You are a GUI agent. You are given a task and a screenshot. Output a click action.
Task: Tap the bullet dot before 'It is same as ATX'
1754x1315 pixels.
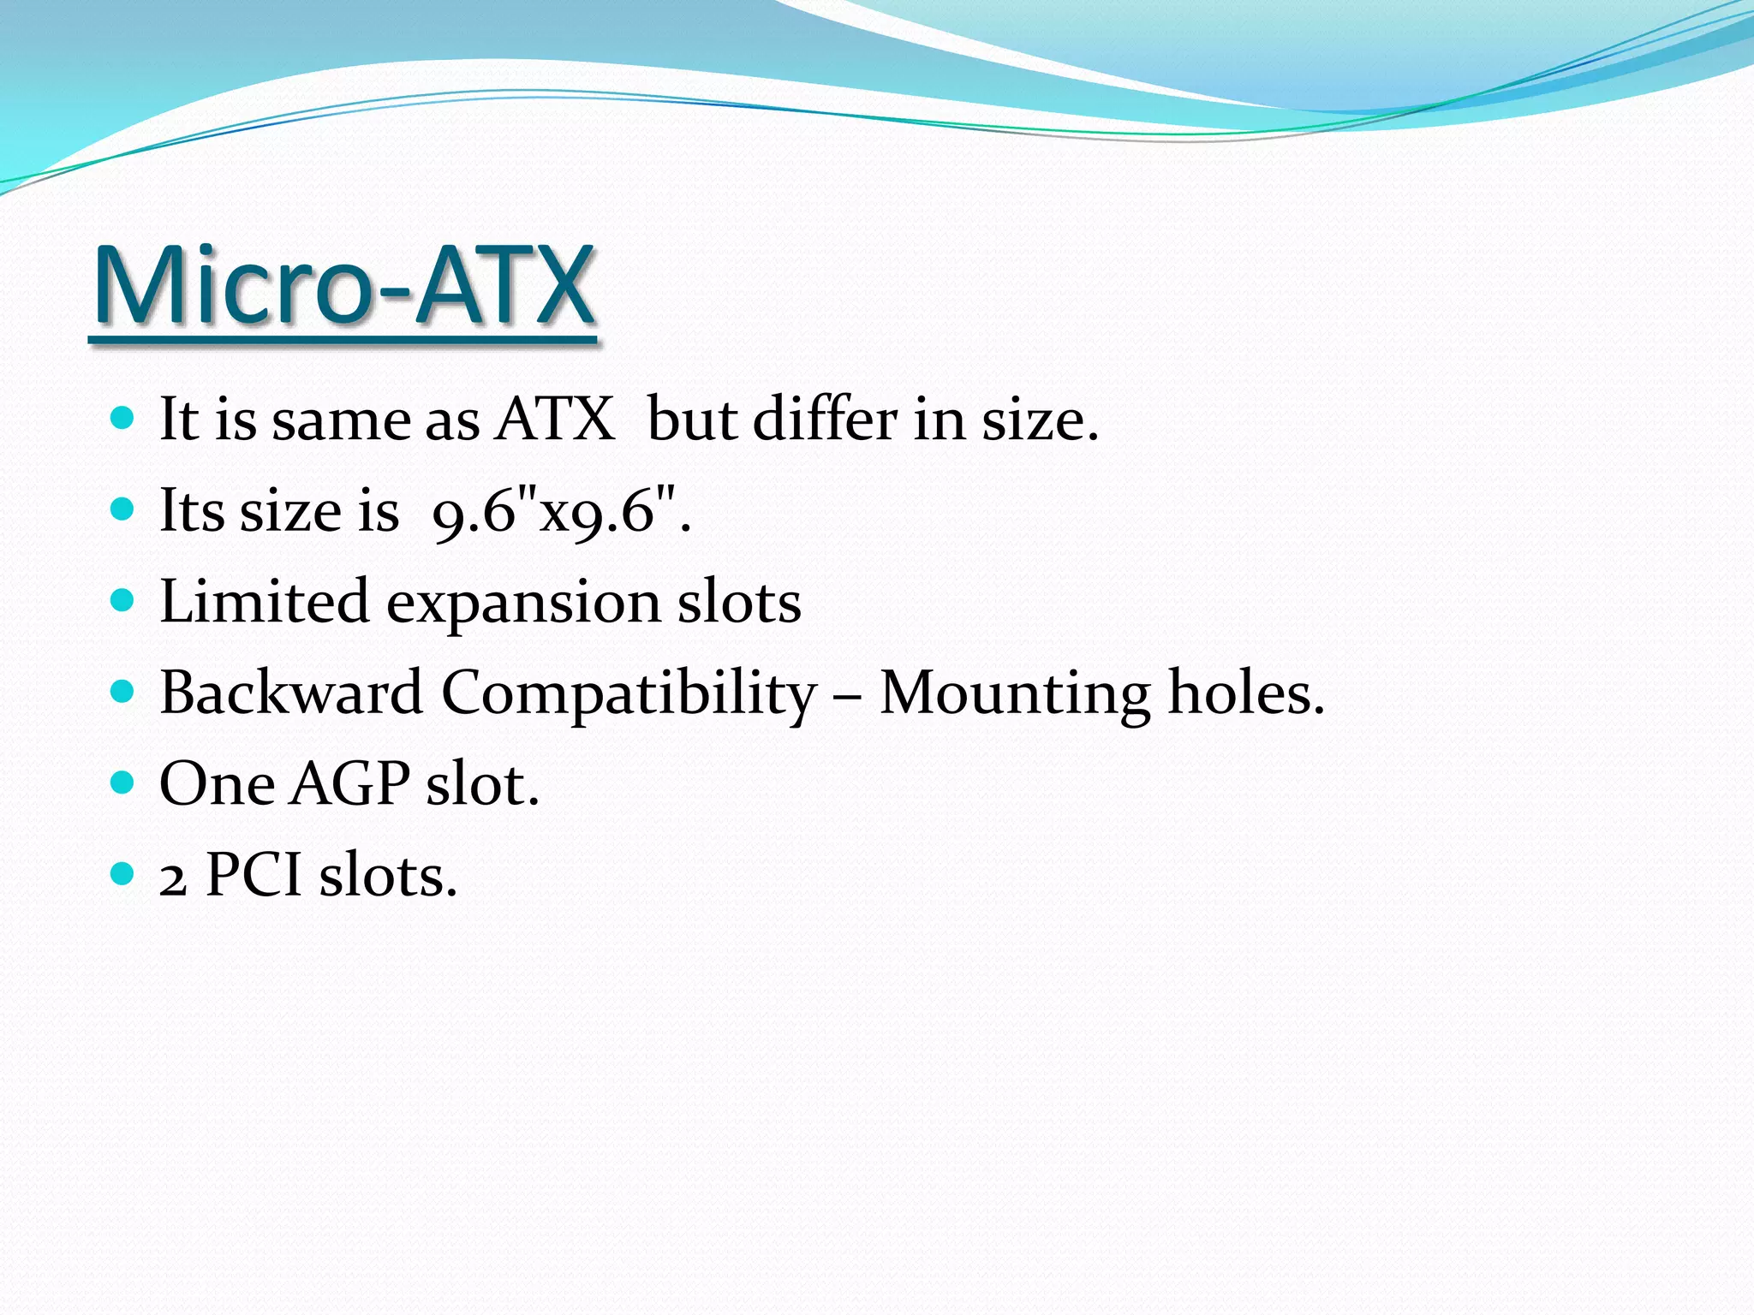coord(123,418)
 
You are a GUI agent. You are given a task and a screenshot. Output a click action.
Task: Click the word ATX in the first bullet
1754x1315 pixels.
coord(555,419)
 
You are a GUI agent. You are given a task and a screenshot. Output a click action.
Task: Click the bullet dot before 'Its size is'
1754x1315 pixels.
coord(123,509)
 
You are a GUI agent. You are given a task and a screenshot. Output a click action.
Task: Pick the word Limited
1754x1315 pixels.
coord(264,601)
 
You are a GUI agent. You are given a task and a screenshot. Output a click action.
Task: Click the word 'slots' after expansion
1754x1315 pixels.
coord(739,601)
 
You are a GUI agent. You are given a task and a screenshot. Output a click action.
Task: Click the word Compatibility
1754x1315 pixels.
coord(629,693)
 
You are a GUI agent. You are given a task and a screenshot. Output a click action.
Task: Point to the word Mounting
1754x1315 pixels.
coord(1015,693)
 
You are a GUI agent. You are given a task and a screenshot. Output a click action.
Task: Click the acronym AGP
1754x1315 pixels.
coord(349,784)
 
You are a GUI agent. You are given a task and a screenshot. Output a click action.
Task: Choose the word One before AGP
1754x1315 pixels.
coord(217,784)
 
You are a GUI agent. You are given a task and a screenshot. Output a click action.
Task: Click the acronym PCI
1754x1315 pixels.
coord(254,875)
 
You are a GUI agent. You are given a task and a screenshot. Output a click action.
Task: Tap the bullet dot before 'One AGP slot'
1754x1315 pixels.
coord(123,782)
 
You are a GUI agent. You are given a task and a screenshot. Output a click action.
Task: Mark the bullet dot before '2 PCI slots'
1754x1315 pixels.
coord(123,874)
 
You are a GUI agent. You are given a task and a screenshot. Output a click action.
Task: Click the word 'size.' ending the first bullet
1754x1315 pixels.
coord(1040,419)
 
